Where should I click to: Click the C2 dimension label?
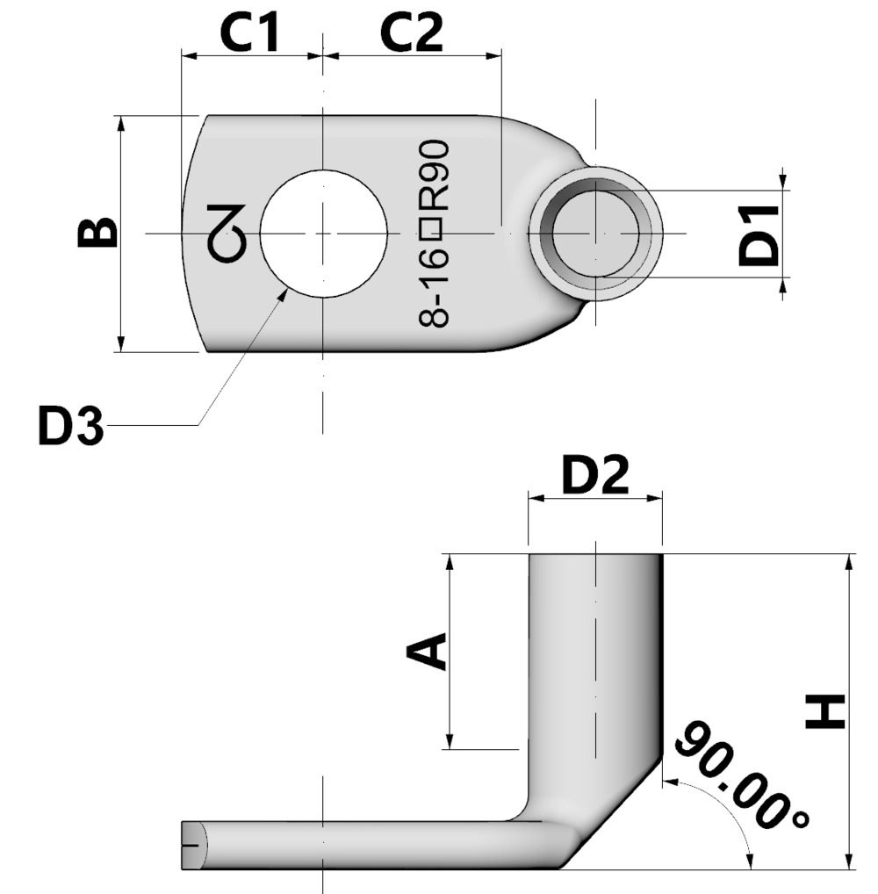[412, 33]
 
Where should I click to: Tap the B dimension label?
[97, 233]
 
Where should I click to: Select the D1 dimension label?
[758, 234]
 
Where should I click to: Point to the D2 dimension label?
[595, 476]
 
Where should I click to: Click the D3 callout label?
[70, 427]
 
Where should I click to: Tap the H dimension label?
[825, 710]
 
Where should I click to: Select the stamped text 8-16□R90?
[435, 234]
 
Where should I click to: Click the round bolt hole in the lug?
[323, 234]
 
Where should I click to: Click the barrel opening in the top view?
[595, 234]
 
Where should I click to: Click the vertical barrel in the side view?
[594, 667]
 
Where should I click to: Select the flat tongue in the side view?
[351, 846]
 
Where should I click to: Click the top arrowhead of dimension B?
[121, 124]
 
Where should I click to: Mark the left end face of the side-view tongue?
[193, 846]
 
